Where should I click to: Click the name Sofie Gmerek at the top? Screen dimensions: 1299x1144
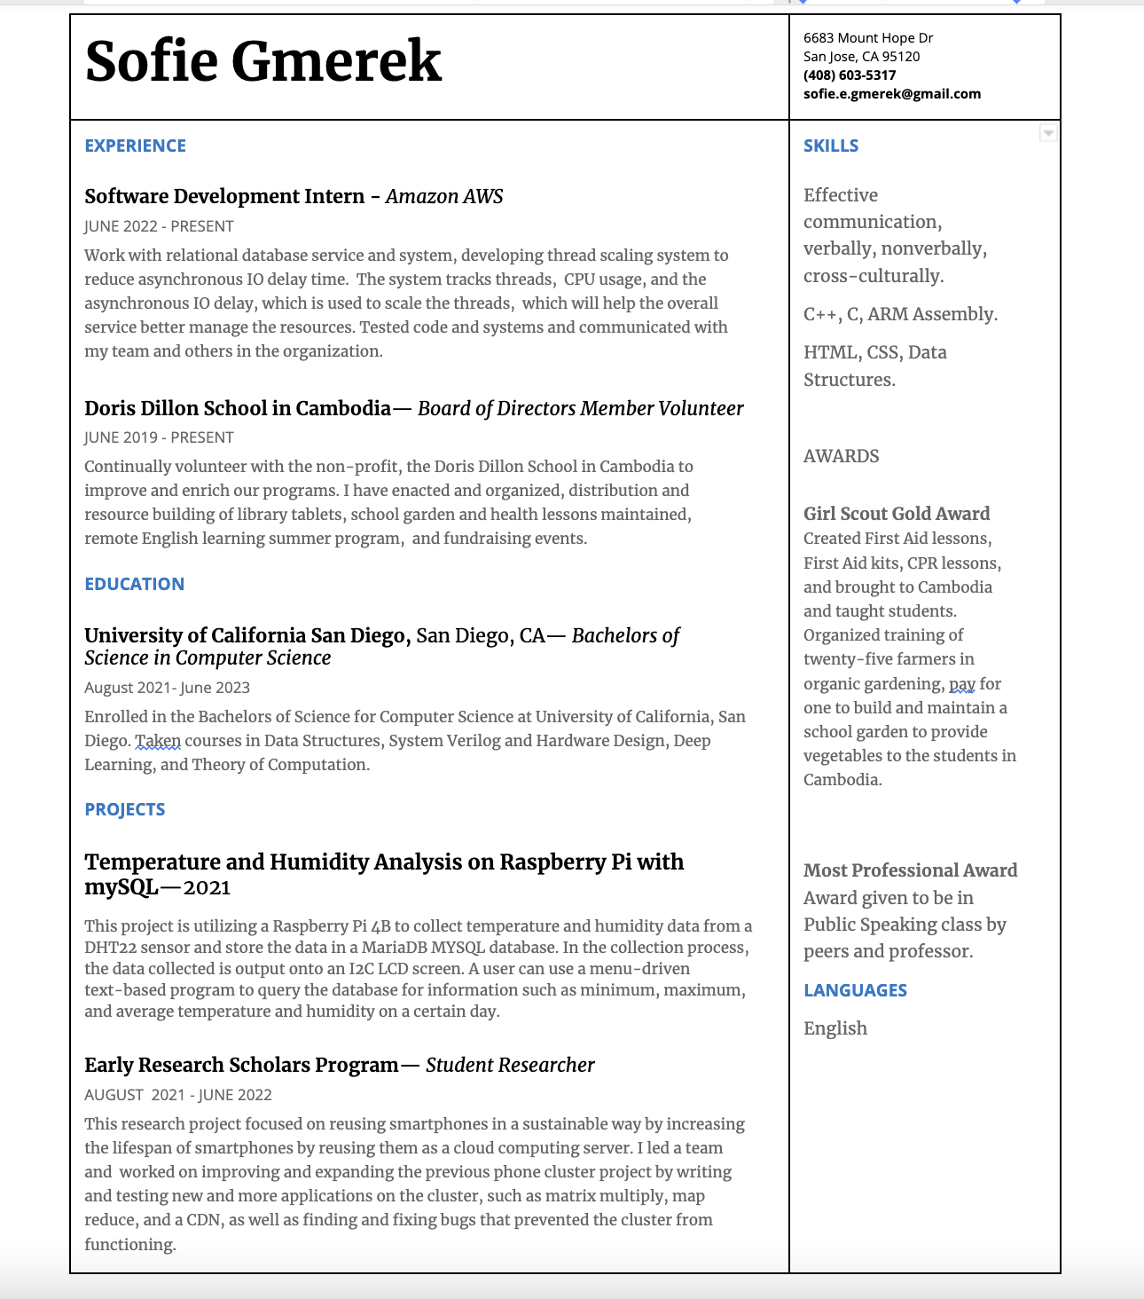[263, 62]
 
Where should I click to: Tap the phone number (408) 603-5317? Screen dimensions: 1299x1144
[850, 75]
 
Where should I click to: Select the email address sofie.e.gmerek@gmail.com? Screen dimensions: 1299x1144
[892, 94]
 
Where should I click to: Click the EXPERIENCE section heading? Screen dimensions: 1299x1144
[135, 146]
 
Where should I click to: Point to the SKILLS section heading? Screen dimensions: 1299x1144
[831, 146]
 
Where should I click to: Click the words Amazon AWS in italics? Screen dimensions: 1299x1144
[444, 196]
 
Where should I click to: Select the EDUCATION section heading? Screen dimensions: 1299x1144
[134, 584]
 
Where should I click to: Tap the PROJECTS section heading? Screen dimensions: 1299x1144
[124, 809]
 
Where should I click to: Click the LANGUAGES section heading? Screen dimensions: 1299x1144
[855, 990]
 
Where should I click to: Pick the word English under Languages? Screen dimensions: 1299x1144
[835, 1028]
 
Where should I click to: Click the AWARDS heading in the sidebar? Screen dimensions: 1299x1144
[841, 456]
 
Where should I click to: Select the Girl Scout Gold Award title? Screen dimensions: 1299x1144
[897, 514]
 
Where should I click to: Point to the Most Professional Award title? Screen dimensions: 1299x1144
[910, 870]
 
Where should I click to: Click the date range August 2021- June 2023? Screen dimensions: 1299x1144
[167, 688]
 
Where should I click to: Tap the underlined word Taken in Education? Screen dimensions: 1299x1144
[158, 741]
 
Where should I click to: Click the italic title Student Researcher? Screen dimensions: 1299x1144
[510, 1065]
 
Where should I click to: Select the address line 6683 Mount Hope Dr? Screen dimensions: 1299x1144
[868, 38]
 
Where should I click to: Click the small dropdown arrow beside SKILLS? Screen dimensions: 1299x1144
[1048, 133]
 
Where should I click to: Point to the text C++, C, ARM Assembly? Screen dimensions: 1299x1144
[900, 314]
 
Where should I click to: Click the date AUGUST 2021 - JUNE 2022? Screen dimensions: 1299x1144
[177, 1095]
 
